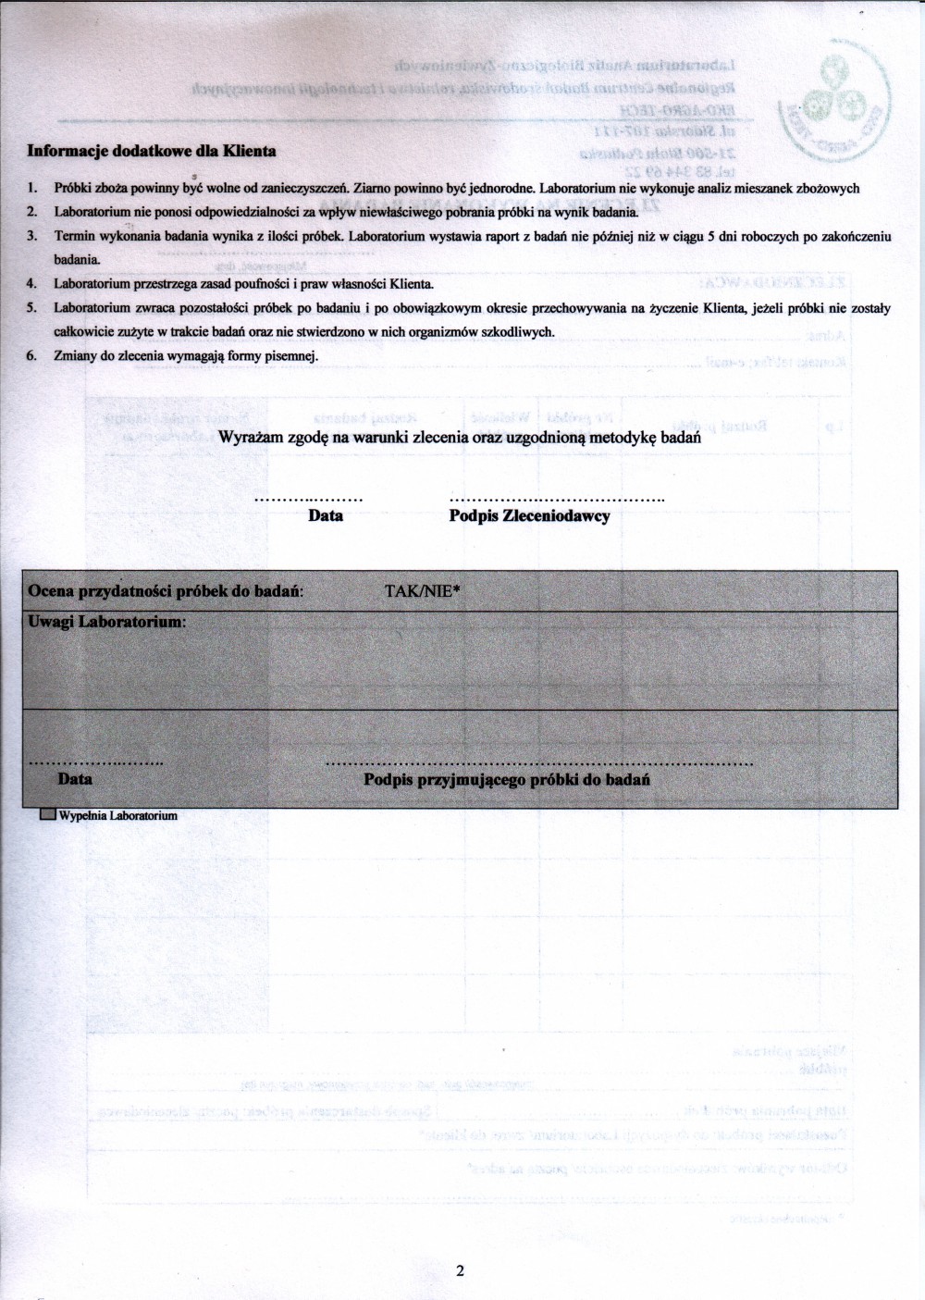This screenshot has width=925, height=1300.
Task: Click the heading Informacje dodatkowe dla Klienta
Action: coord(152,151)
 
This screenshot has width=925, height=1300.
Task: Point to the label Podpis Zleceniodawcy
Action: coord(529,516)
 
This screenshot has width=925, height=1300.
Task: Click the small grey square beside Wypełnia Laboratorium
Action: coord(47,816)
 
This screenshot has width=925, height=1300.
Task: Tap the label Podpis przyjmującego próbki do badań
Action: coord(507,780)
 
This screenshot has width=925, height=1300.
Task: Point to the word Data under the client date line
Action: coord(326,516)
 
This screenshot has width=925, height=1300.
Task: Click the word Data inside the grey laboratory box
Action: coord(75,779)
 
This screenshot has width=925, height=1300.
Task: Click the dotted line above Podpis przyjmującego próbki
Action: coord(539,765)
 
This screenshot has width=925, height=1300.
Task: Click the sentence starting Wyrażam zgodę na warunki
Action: coord(459,439)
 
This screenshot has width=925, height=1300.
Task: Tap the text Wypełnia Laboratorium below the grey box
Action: coord(117,816)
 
